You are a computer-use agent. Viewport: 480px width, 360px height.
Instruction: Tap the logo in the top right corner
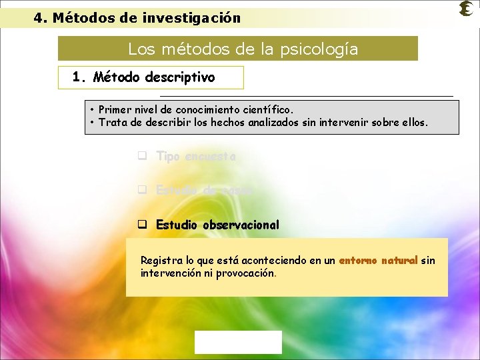pyautogui.click(x=467, y=9)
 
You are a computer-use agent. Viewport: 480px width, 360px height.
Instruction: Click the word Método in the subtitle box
pyautogui.click(x=114, y=77)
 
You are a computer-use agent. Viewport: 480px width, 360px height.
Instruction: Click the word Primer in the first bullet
pyautogui.click(x=114, y=109)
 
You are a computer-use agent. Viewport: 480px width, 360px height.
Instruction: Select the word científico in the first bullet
pyautogui.click(x=267, y=109)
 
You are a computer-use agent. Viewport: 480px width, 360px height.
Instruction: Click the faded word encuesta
pyautogui.click(x=211, y=157)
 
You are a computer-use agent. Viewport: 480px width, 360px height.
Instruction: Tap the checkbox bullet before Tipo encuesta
pyautogui.click(x=142, y=157)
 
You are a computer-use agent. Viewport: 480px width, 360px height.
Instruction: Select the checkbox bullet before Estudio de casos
pyautogui.click(x=142, y=190)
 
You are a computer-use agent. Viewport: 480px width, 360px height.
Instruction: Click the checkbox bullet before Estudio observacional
pyautogui.click(x=142, y=225)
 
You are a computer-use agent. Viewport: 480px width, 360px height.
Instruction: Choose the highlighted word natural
pyautogui.click(x=399, y=261)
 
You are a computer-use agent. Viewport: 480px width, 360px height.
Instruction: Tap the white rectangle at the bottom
pyautogui.click(x=238, y=342)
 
